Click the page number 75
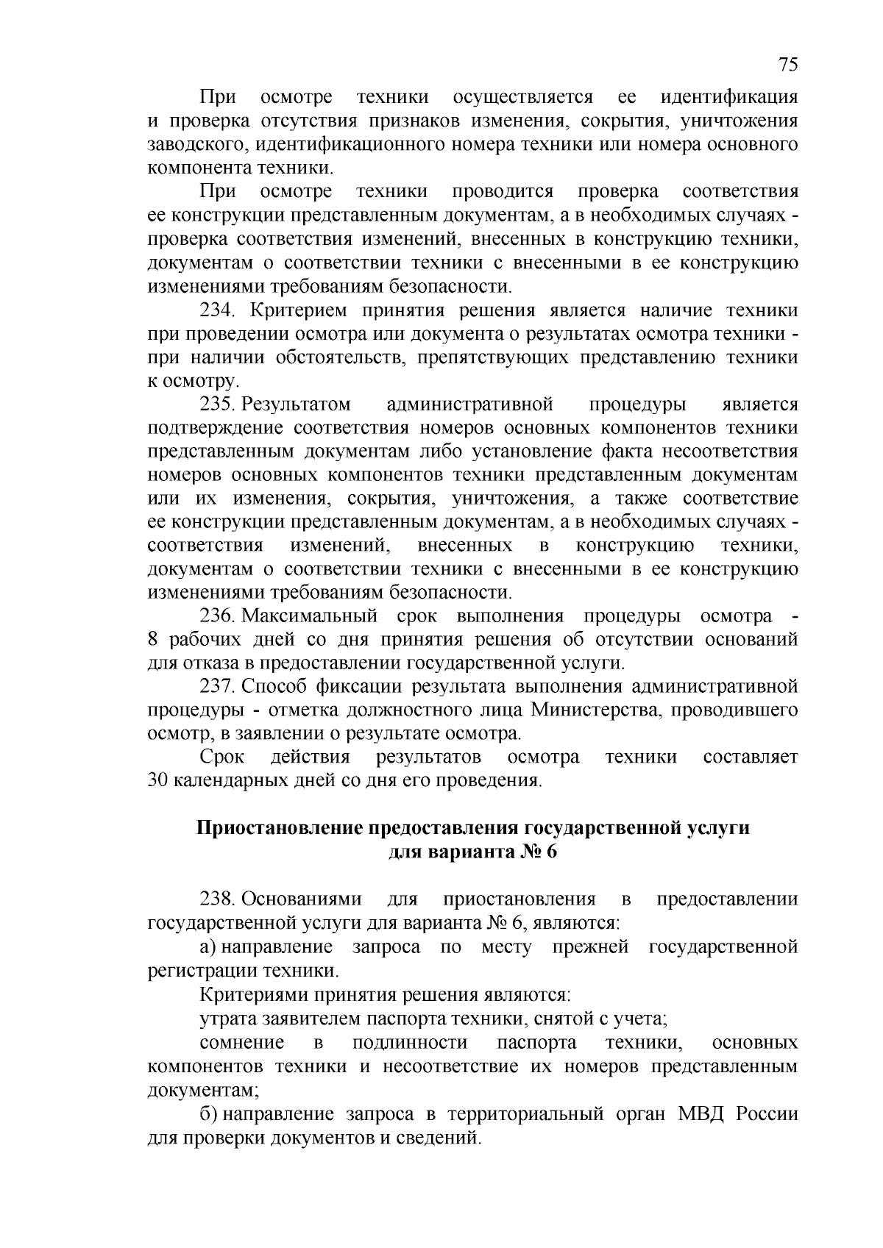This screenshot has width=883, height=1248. (787, 65)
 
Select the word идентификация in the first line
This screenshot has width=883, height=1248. (729, 97)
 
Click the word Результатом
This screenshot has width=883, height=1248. (297, 404)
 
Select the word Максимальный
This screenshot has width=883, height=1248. (309, 616)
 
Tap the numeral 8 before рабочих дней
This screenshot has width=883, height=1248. (153, 640)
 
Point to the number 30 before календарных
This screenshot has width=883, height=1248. (158, 780)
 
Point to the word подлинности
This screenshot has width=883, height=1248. (410, 1043)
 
